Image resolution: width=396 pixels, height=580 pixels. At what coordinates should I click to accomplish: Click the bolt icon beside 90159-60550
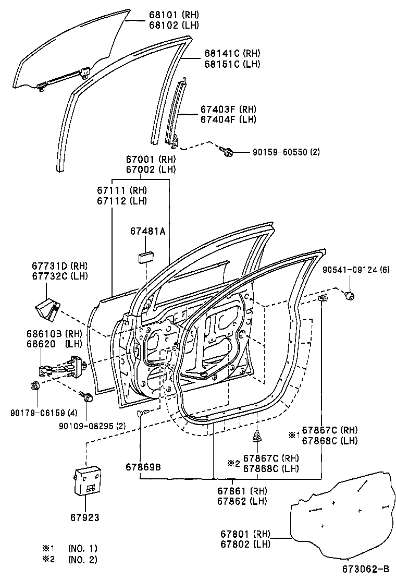tap(228, 152)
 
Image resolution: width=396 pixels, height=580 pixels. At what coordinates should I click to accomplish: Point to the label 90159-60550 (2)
tap(286, 152)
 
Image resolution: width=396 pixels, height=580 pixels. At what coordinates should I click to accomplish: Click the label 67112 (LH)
tap(122, 201)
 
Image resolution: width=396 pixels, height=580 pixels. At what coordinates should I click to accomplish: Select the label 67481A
tap(147, 232)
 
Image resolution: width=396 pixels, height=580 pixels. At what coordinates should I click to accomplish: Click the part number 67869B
tap(143, 466)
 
